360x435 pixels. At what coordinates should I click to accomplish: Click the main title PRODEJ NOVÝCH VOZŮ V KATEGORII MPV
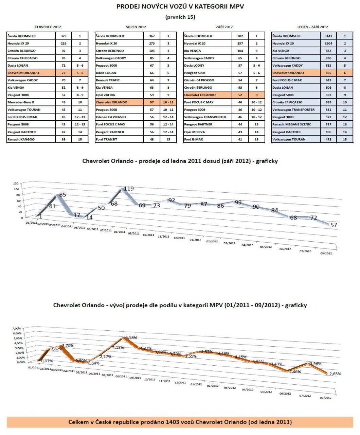(x=180, y=6)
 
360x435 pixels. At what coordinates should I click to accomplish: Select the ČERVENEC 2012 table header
(x=48, y=27)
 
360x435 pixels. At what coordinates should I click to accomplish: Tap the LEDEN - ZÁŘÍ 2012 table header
(x=312, y=27)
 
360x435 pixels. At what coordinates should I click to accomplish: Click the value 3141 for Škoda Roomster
(x=328, y=36)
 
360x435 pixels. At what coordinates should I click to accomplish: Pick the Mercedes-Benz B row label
(x=21, y=102)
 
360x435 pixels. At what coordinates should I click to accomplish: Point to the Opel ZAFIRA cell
(x=105, y=95)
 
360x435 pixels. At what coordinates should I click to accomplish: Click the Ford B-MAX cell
(x=193, y=139)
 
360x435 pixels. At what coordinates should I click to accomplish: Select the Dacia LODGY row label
(x=194, y=66)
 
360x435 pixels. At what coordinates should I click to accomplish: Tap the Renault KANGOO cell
(x=21, y=139)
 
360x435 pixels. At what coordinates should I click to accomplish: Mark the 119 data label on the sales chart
(x=129, y=189)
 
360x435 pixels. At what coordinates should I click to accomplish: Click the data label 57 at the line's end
(x=334, y=225)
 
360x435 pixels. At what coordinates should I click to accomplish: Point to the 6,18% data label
(x=131, y=338)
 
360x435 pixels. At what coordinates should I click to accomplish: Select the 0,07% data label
(x=47, y=361)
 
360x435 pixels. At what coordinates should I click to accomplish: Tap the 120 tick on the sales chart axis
(x=16, y=184)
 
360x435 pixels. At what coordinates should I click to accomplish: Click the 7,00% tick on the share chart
(x=16, y=329)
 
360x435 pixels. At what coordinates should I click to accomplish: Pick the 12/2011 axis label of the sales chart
(x=179, y=238)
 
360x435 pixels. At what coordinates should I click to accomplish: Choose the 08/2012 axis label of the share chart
(x=325, y=398)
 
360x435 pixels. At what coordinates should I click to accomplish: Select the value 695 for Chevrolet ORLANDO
(x=328, y=73)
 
